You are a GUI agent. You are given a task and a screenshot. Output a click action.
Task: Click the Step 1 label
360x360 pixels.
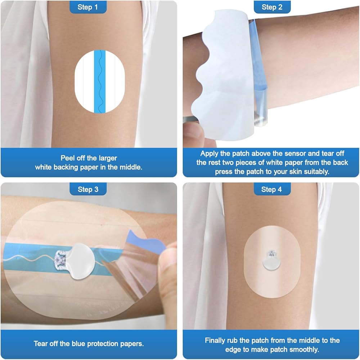pos(88,7)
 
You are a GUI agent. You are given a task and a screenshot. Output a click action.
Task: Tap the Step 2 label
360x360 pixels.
pos(272,7)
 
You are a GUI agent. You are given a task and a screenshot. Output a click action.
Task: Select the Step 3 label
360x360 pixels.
pos(88,189)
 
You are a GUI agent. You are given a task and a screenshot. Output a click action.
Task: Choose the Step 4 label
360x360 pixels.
pos(272,189)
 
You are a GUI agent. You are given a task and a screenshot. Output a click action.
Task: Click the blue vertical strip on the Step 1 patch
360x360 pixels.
pos(100,81)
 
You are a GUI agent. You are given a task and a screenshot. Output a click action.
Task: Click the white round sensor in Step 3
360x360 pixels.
pos(81,261)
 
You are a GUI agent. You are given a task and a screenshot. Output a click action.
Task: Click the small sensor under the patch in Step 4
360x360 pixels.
pos(271,260)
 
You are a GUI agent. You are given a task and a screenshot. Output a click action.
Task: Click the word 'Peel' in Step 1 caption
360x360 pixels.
pos(68,158)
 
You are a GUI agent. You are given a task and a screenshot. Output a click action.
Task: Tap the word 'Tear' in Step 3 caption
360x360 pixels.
pos(41,343)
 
